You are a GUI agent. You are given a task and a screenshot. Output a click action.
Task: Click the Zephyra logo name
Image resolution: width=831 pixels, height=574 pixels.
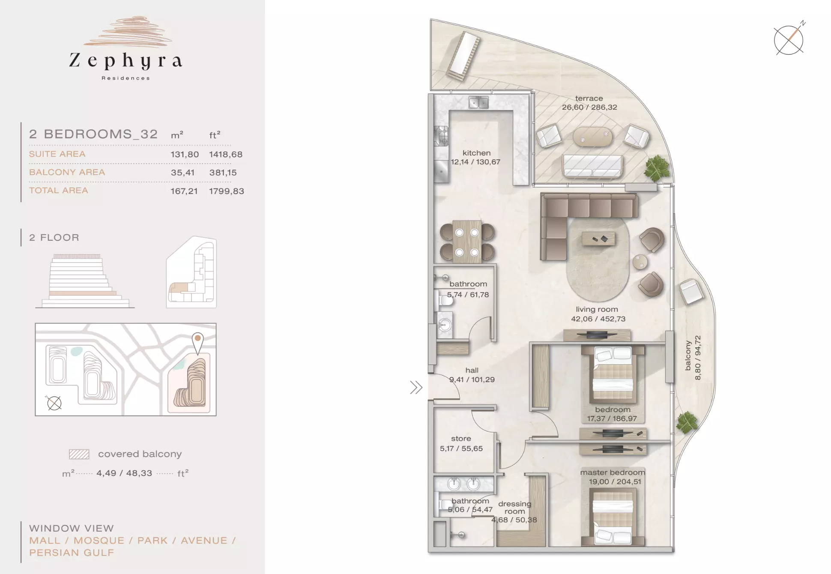[126, 61]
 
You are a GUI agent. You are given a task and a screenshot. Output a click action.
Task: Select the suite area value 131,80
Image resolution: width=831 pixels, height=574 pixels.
[185, 154]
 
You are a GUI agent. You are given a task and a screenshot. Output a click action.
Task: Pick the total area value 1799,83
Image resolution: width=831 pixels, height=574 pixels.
[227, 191]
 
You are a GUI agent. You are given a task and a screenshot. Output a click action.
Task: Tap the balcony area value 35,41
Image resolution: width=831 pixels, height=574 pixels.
[182, 173]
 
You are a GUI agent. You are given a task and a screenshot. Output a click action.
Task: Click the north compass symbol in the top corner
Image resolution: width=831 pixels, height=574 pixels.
[789, 39]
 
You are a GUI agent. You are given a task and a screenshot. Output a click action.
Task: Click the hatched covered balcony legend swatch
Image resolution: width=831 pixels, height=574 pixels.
[79, 454]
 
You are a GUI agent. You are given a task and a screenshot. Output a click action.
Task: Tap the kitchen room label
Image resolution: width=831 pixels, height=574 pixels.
[476, 153]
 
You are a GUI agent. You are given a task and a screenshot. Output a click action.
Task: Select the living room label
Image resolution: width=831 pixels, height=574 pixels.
[597, 309]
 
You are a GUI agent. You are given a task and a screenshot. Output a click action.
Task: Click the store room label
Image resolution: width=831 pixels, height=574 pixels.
[461, 439]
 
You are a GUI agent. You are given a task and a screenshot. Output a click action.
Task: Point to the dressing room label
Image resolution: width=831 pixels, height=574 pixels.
[514, 508]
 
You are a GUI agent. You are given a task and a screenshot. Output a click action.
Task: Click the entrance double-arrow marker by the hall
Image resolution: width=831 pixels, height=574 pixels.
[416, 388]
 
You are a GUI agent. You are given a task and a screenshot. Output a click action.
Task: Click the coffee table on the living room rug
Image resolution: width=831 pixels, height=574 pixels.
[598, 239]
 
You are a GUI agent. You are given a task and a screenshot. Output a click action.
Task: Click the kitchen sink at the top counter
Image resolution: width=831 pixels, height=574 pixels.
[478, 103]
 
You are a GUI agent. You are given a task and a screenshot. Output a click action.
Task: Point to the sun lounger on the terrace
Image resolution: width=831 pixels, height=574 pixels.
[462, 57]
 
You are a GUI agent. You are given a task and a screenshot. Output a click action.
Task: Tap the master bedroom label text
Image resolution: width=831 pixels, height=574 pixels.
[613, 472]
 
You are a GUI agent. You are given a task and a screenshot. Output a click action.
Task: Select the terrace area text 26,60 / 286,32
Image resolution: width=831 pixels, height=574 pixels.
[589, 108]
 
